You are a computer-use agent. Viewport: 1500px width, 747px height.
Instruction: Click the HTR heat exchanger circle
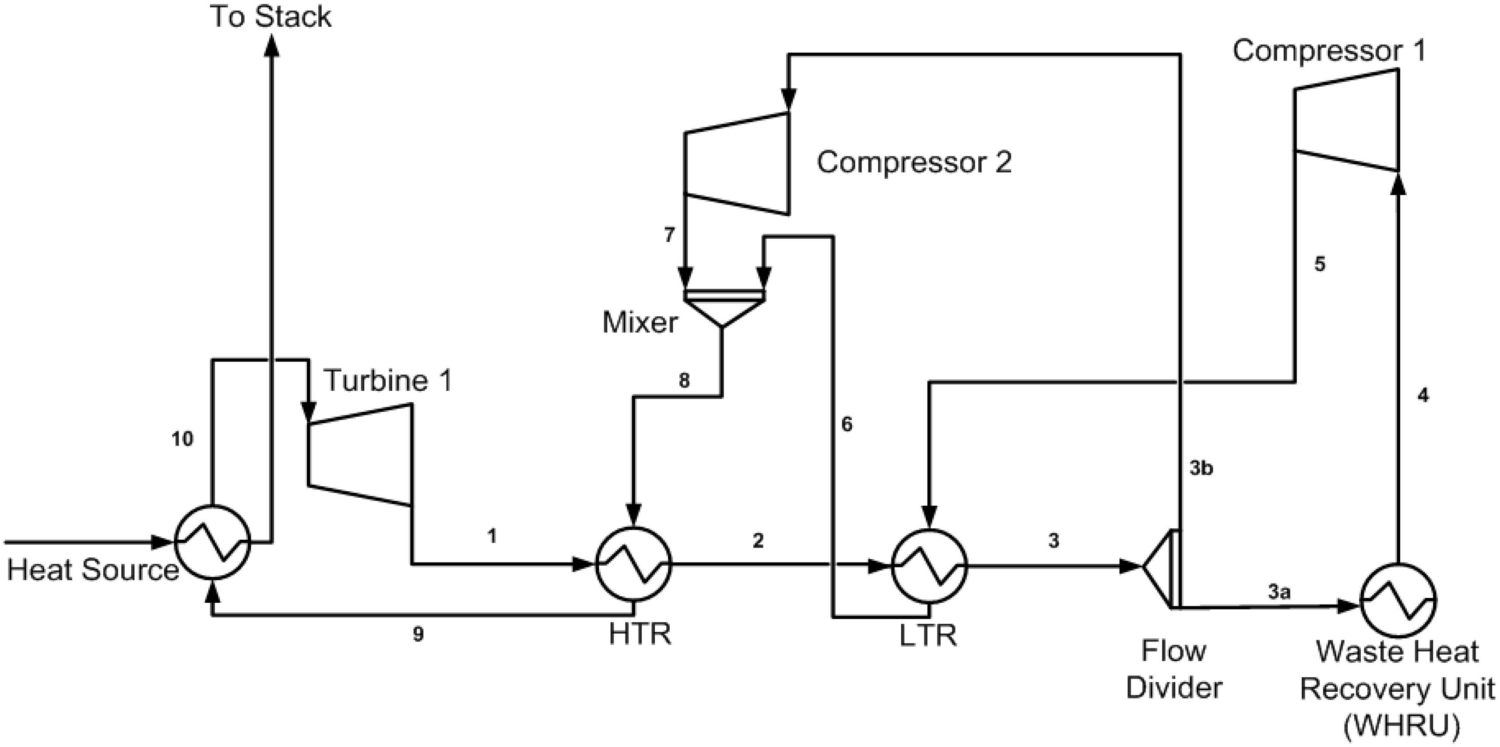click(x=633, y=564)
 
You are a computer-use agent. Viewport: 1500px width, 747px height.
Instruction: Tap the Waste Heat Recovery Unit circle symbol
click(x=1398, y=600)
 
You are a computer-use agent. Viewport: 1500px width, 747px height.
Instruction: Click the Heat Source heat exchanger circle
click(x=213, y=542)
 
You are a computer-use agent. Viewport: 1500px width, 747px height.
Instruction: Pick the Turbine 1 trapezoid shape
click(x=360, y=454)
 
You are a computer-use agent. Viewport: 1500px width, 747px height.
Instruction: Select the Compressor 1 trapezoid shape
click(x=1345, y=120)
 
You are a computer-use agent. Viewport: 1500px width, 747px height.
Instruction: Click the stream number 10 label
click(x=182, y=439)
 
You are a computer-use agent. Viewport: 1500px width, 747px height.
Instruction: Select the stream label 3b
click(x=1201, y=468)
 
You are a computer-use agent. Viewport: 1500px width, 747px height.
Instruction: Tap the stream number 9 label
click(x=418, y=634)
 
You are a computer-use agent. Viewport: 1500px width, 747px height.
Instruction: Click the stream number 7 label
click(x=669, y=235)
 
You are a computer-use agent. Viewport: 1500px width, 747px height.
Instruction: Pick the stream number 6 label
click(x=847, y=425)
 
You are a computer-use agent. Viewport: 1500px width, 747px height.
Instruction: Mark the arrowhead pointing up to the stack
click(x=271, y=46)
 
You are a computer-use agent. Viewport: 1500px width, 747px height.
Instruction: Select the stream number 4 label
click(x=1423, y=396)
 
